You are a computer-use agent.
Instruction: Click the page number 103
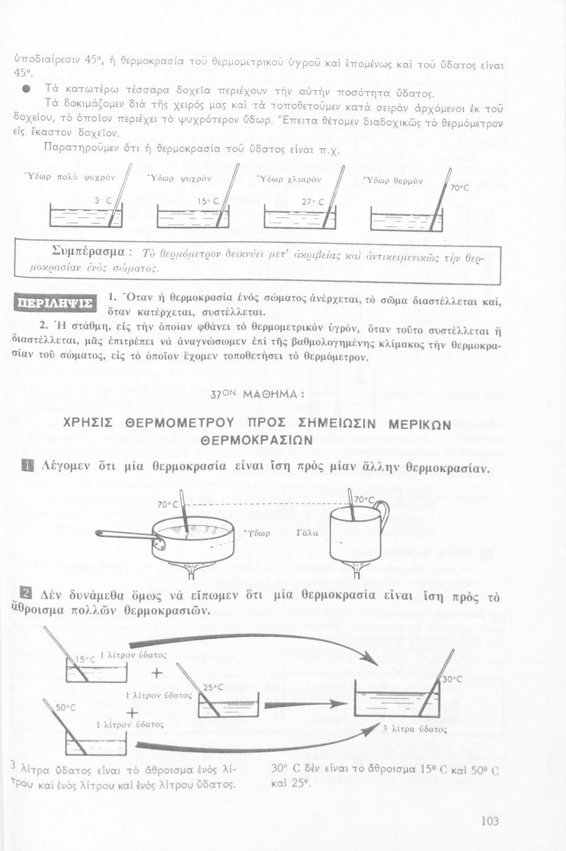point(489,821)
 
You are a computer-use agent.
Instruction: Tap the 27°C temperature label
point(312,201)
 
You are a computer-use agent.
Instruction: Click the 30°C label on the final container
point(452,679)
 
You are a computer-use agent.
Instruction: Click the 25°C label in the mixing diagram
point(213,687)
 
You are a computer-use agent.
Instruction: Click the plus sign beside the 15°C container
point(157,673)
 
